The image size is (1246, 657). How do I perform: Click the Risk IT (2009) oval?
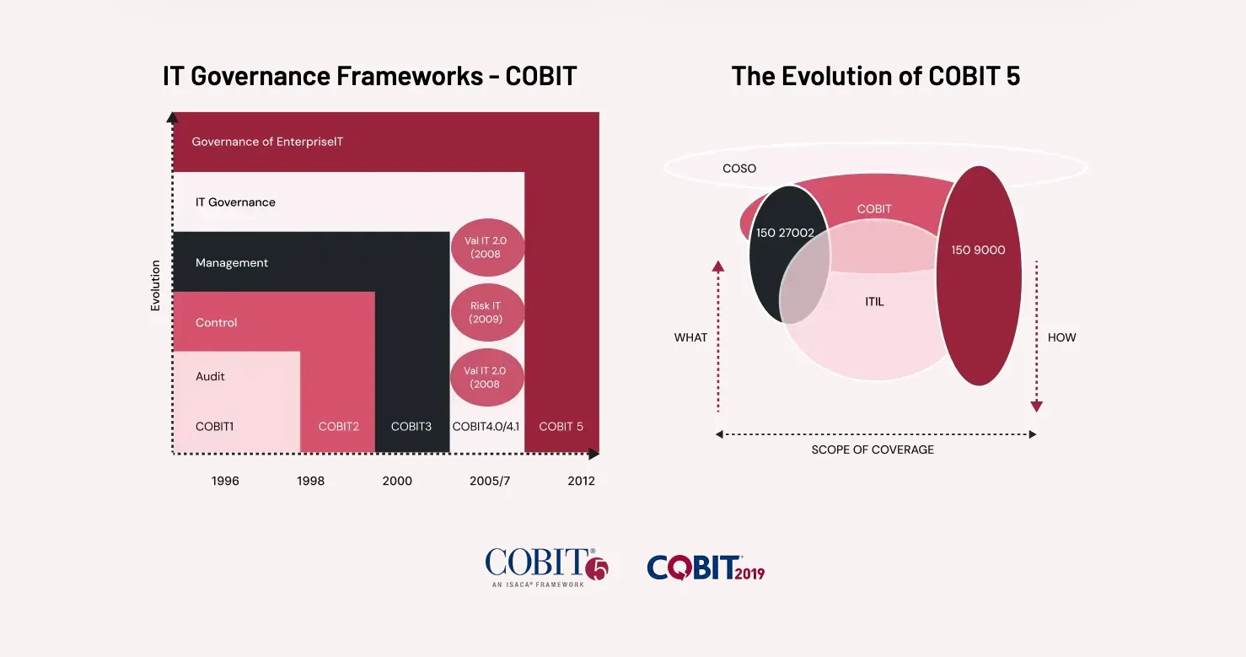[x=486, y=312]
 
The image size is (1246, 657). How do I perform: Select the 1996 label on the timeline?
[x=225, y=481]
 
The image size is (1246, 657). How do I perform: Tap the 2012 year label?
[x=581, y=481]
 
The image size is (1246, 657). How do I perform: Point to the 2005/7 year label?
[x=490, y=481]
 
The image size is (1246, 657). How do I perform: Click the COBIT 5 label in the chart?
[x=561, y=427]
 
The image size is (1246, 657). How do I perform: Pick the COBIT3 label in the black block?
[x=411, y=427]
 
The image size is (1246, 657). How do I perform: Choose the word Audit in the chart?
[x=210, y=376]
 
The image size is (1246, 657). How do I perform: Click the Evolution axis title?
[x=155, y=286]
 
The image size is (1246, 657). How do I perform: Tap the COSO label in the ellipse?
[x=739, y=169]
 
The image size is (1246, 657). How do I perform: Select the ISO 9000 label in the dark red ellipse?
[x=978, y=250]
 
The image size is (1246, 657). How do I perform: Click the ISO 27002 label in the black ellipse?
[x=785, y=233]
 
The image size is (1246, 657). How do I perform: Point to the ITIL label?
[x=874, y=301]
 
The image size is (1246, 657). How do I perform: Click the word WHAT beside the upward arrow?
[x=690, y=337]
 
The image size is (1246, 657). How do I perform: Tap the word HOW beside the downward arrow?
[x=1061, y=337]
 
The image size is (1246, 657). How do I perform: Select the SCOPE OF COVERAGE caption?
[x=873, y=450]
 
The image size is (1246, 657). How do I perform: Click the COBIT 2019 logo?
[x=706, y=568]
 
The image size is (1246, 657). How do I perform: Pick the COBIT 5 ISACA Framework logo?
[x=545, y=567]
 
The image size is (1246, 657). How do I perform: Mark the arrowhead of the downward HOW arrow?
[x=1036, y=407]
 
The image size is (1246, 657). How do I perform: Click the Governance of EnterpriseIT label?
[x=267, y=142]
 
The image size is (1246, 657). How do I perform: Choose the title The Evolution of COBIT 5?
[x=875, y=76]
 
